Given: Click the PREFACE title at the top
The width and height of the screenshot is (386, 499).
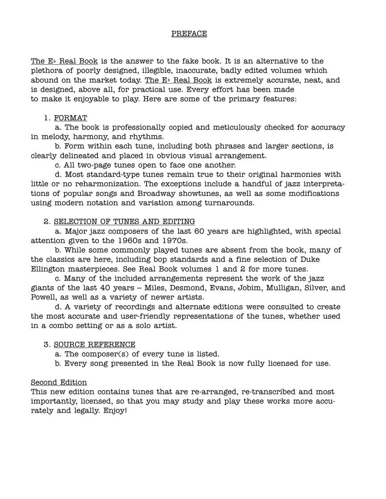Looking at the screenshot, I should click(189, 33).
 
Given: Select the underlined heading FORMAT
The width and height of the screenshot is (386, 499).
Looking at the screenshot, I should click(71, 118).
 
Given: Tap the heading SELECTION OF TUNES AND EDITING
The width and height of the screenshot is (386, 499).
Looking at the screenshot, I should click(124, 221).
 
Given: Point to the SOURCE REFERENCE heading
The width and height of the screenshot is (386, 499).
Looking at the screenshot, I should click(94, 344).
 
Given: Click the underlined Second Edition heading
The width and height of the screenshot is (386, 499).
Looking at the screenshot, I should click(59, 382).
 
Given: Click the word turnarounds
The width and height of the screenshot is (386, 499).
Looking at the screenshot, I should click(230, 203).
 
